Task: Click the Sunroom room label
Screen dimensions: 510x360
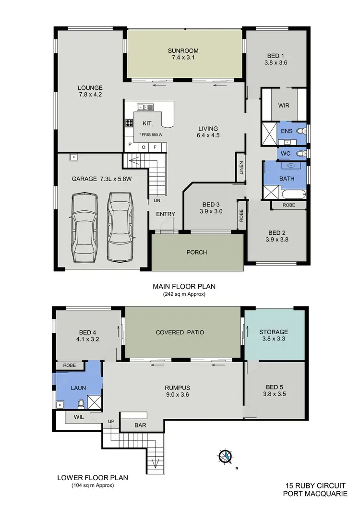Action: (x=183, y=50)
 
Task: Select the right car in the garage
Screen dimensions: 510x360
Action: (x=119, y=226)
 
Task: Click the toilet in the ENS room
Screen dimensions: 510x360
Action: (x=300, y=131)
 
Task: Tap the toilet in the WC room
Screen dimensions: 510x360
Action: (x=300, y=154)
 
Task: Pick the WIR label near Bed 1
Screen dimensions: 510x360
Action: (x=284, y=105)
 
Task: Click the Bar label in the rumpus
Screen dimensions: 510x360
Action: (x=141, y=425)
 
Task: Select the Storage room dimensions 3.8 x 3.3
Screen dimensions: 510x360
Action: (x=273, y=340)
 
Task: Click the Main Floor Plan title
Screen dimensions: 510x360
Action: (x=184, y=286)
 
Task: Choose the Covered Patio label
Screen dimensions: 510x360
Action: (x=180, y=332)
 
